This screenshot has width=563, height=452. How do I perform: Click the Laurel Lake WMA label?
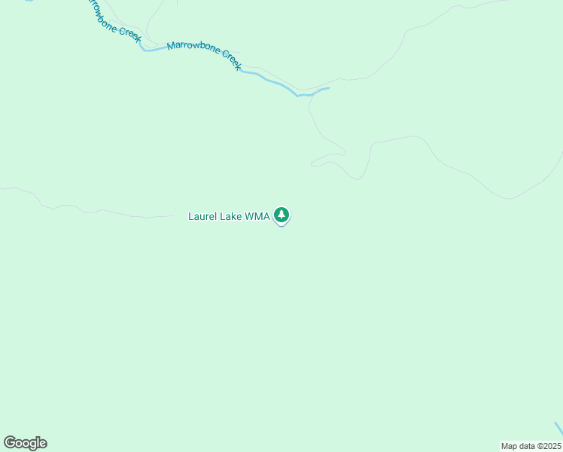[229, 216]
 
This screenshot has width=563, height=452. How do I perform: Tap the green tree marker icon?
[281, 215]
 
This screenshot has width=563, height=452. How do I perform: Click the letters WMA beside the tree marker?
[257, 216]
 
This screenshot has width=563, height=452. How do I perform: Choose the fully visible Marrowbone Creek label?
[205, 56]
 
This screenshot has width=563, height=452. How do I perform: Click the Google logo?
[25, 443]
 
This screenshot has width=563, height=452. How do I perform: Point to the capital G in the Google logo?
[10, 443]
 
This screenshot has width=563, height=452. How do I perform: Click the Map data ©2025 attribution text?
[531, 446]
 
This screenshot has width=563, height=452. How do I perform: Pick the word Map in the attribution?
[509, 446]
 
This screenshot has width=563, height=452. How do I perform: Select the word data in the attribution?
[525, 446]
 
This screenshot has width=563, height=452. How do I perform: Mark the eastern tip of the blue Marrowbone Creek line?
[329, 88]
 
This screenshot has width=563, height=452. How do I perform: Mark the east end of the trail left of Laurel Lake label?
[173, 217]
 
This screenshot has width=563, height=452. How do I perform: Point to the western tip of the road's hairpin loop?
[312, 163]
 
